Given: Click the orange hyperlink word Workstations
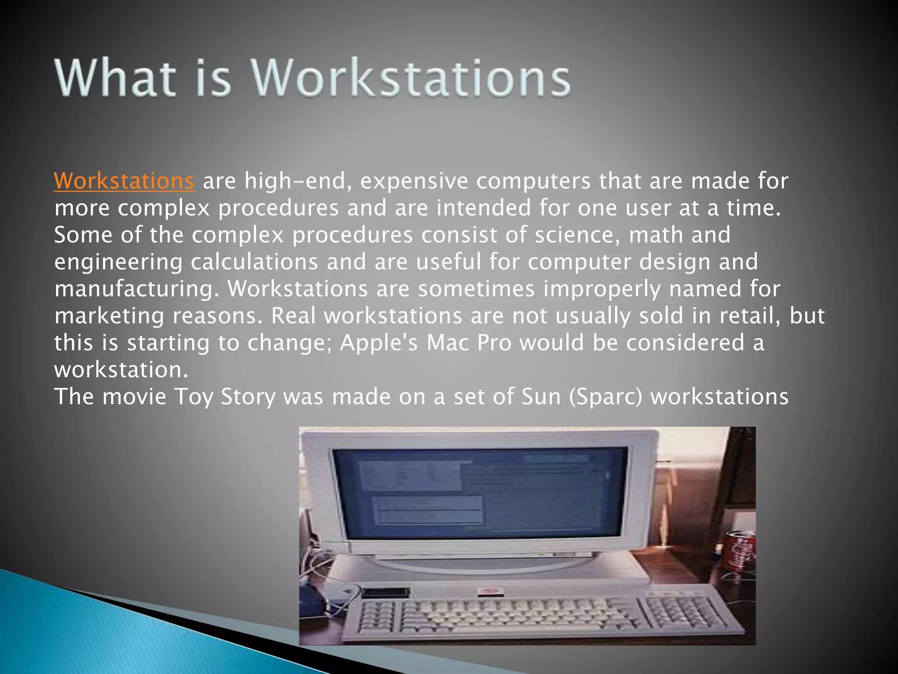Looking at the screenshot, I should [124, 181].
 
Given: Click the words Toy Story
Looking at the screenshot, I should [225, 397].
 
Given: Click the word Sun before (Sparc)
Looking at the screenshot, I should [542, 397].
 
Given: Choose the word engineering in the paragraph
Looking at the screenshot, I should [118, 262].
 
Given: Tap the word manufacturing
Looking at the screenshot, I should [136, 289].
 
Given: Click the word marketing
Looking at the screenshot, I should [109, 316].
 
